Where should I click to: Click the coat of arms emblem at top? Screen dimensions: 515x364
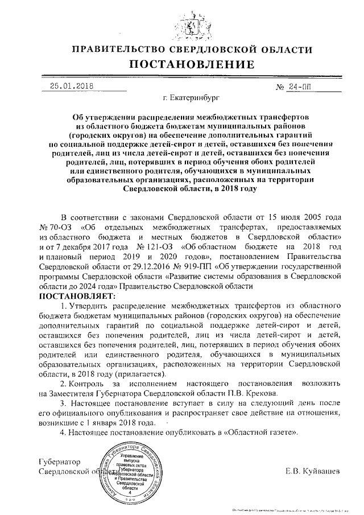(x=181, y=22)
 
